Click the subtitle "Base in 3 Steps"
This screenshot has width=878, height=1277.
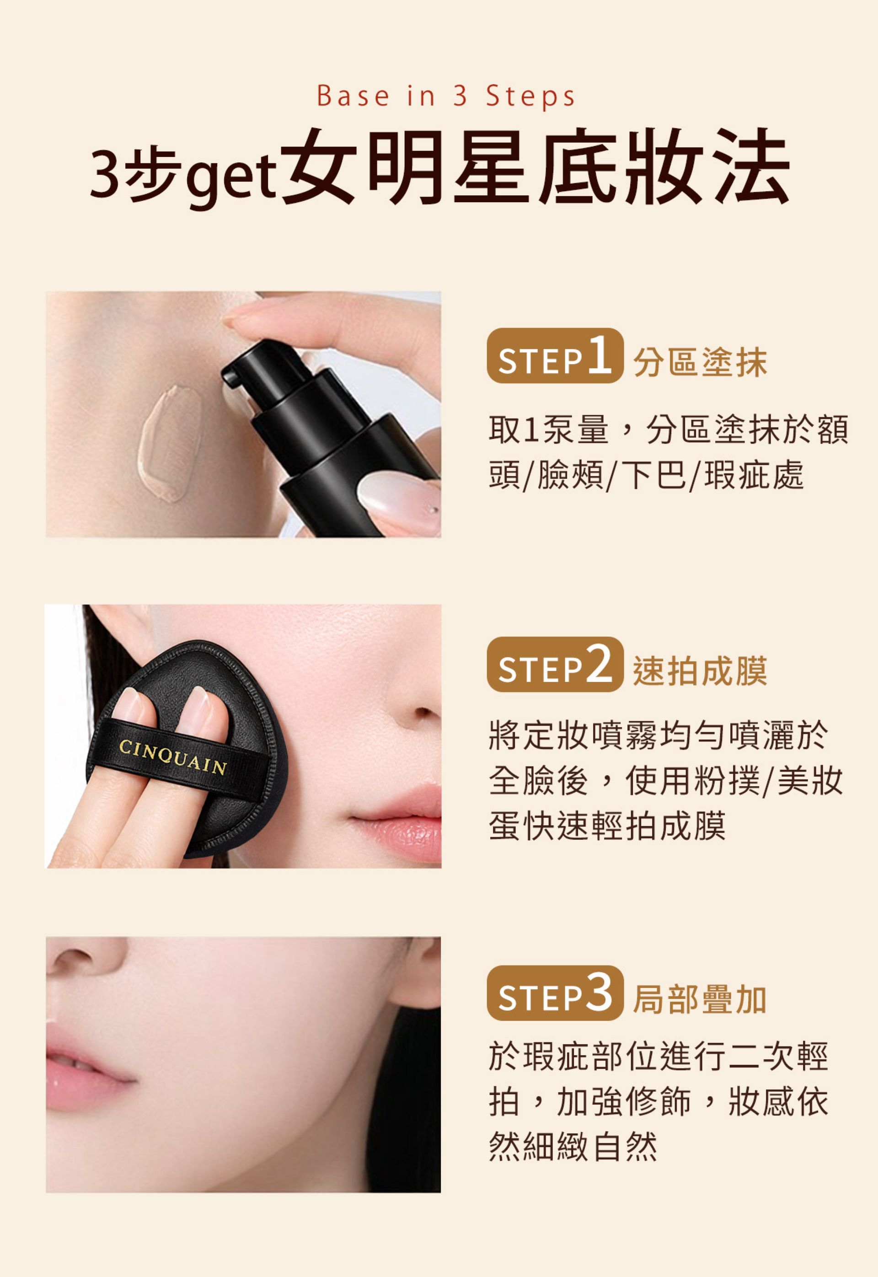pos(445,97)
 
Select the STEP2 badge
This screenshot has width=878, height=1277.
pos(555,665)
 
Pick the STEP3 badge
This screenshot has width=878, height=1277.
pos(555,993)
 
